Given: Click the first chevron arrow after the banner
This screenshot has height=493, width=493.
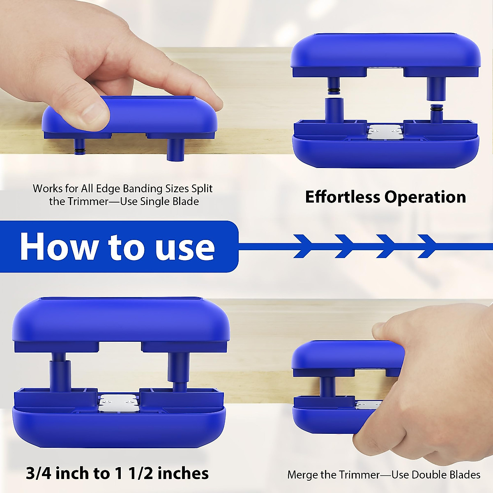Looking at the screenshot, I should [306, 246].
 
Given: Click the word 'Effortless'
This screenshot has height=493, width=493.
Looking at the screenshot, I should [343, 197].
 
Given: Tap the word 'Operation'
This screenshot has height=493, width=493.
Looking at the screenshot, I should [426, 197].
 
